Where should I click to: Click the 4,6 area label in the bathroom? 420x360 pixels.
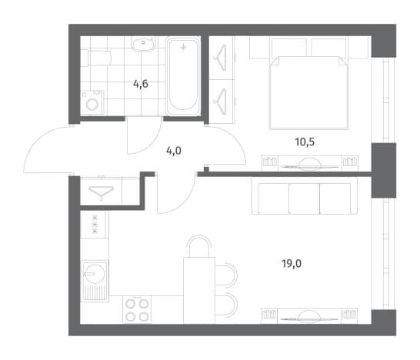pos(141,85)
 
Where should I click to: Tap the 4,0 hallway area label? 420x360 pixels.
pos(174,151)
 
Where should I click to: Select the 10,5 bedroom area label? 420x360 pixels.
pos(305,142)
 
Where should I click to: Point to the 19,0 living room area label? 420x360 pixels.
pos(292,264)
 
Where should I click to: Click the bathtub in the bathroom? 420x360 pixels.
pos(183,76)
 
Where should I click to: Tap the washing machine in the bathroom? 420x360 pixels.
pos(92,102)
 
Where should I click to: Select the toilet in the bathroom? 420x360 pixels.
pos(95,58)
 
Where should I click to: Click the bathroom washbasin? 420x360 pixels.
pos(144,45)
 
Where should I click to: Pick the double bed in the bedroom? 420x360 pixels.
pos(308,92)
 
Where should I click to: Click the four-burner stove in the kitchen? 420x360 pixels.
pos(137,310)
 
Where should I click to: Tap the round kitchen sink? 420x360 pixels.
pos(94,274)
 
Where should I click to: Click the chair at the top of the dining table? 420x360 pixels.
pos(199,245)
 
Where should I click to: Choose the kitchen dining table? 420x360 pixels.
pos(199,290)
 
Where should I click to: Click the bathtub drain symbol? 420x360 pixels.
pos(183,48)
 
